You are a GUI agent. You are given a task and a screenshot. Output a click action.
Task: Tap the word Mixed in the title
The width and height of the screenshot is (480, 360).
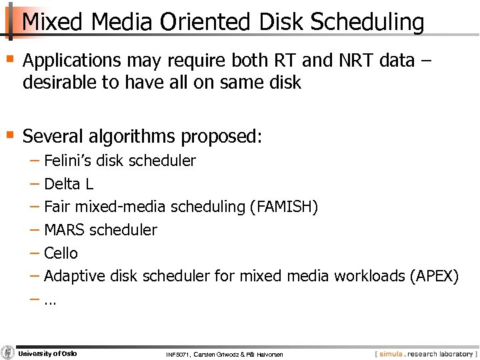pyautogui.click(x=53, y=23)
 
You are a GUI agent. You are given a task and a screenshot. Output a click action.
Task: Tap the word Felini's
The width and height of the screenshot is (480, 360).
pyautogui.click(x=69, y=161)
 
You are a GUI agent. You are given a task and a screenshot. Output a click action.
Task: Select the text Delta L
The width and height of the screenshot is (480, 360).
pyautogui.click(x=67, y=184)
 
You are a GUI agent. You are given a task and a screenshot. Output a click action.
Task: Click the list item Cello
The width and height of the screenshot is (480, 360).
pyautogui.click(x=61, y=253)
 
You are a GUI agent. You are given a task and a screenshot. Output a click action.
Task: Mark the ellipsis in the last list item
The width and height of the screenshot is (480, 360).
pyautogui.click(x=50, y=300)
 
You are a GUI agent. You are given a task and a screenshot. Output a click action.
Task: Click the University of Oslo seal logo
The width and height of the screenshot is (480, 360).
pyautogui.click(x=8, y=353)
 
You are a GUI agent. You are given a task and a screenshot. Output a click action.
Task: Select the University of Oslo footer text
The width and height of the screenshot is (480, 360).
pyautogui.click(x=48, y=353)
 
